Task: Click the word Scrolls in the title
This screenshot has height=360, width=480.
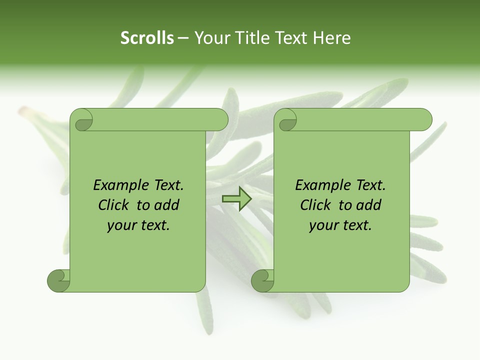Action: coord(147,38)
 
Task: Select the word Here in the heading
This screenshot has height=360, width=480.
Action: coord(332,38)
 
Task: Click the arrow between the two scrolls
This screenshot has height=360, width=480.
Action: coord(236,198)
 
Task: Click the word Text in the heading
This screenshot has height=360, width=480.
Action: coord(292,38)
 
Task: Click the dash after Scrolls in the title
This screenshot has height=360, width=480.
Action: coord(183,38)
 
